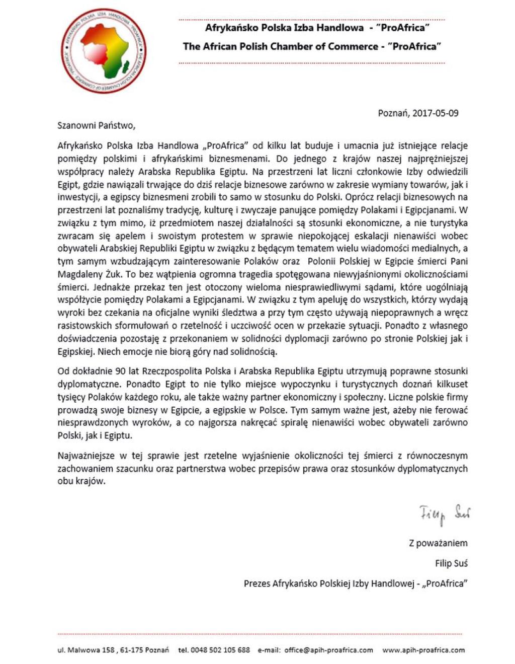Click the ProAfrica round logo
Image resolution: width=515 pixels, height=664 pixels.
[x=106, y=50]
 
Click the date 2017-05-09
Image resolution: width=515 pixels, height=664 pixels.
[x=435, y=113]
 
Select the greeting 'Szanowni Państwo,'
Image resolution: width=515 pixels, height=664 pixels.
[x=97, y=125]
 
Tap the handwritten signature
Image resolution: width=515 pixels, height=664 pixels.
[x=445, y=514]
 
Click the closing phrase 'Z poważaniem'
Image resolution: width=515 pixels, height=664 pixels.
[x=438, y=543]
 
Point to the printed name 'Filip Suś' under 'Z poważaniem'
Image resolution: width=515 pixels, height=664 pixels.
[x=451, y=563]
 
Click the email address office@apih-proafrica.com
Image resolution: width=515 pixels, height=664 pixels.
[x=328, y=650]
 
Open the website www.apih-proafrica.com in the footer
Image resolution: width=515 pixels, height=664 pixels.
[x=423, y=650]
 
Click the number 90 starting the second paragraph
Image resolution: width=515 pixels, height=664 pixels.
[x=120, y=372]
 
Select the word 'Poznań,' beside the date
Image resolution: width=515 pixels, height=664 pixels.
[x=393, y=113]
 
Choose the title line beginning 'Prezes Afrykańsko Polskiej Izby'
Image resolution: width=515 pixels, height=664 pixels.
[x=356, y=583]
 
